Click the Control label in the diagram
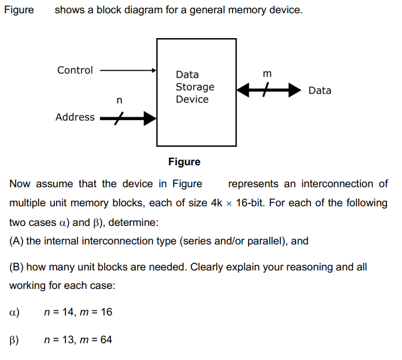coord(75,70)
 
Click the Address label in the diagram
coord(75,117)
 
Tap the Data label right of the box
coord(320,91)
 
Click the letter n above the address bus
coord(119,101)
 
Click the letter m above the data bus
coord(267,73)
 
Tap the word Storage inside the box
coord(195,87)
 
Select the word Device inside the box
coord(192,99)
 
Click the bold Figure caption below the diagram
coord(184,162)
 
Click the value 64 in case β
coord(106,340)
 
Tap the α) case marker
coord(15,313)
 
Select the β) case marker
coord(15,340)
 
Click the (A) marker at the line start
coord(17,241)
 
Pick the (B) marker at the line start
coord(17,268)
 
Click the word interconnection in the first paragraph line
coord(340,184)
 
